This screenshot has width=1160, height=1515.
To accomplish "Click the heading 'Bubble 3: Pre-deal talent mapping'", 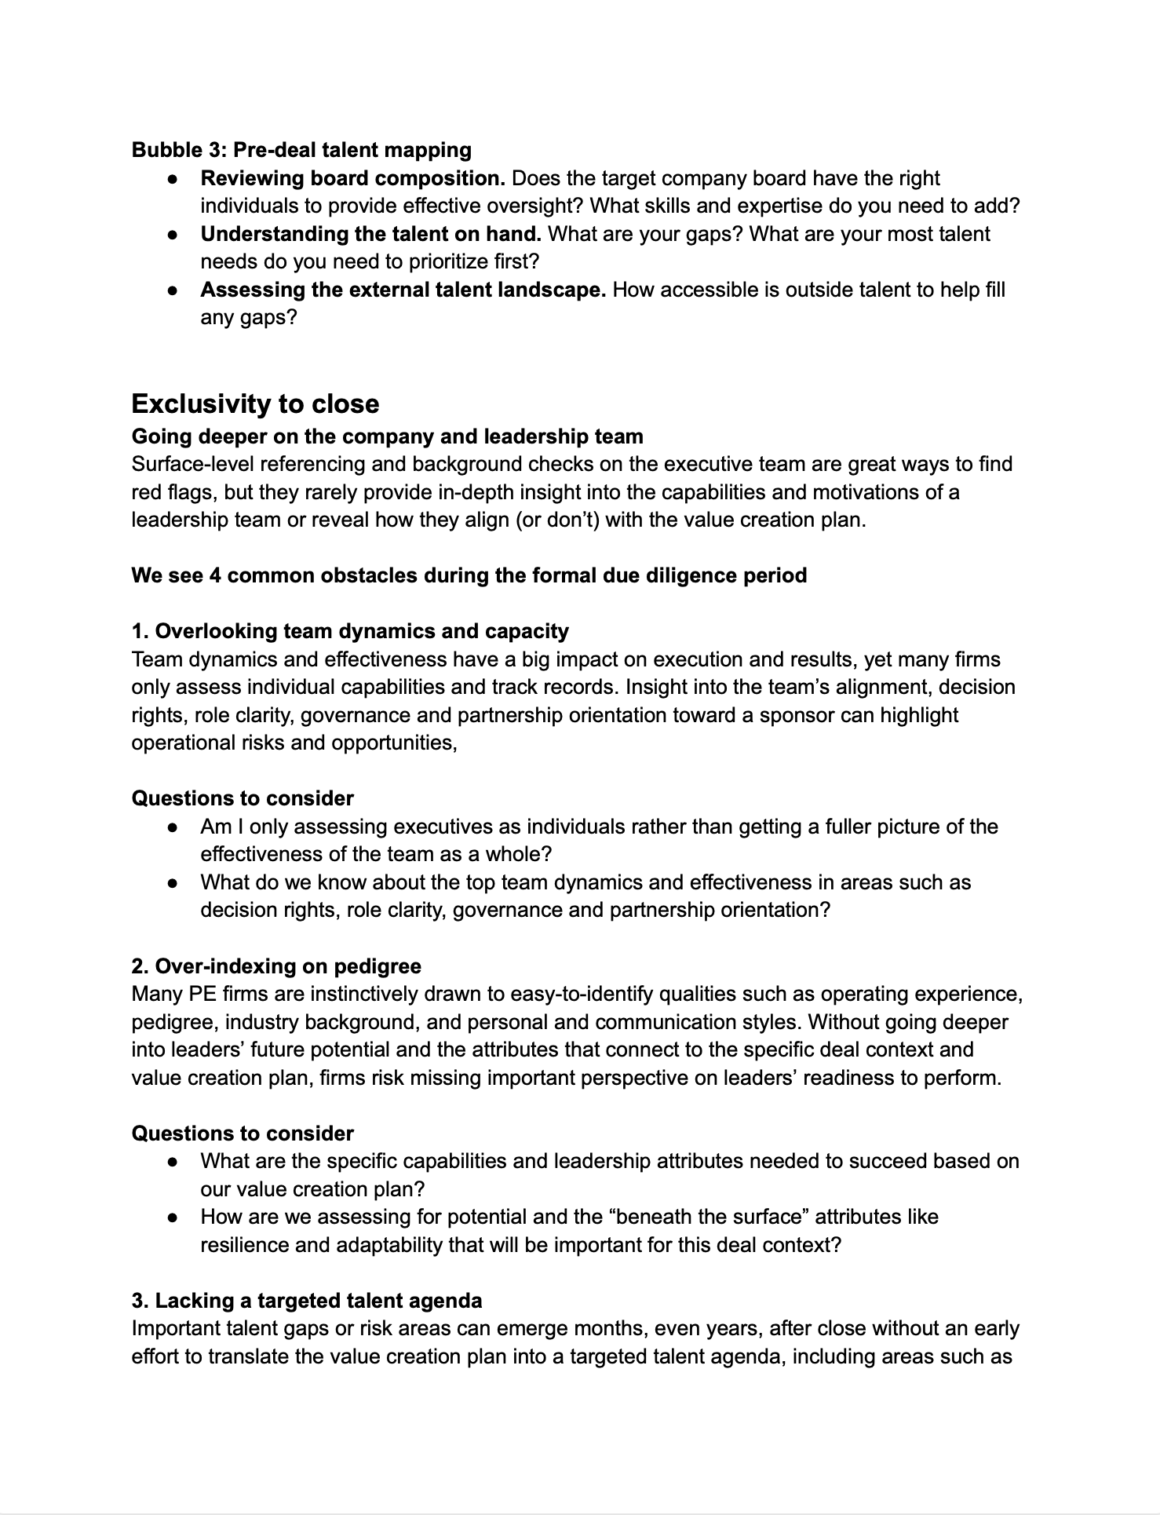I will tap(301, 150).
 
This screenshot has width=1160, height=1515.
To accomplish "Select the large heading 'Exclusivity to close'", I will tap(255, 403).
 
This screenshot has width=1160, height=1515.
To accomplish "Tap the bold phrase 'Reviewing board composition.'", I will tap(352, 178).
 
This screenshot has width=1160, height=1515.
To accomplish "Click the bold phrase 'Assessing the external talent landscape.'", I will tap(403, 290).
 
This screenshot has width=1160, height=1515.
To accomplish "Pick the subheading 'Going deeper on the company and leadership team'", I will tap(387, 436).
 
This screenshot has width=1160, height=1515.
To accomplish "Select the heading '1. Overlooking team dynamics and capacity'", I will tap(350, 631).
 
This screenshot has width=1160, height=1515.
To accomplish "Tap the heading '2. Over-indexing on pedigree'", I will tap(276, 966).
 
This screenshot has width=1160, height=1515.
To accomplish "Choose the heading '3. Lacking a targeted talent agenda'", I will tap(307, 1301).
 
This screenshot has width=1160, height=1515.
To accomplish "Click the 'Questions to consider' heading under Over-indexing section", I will tap(243, 1134).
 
